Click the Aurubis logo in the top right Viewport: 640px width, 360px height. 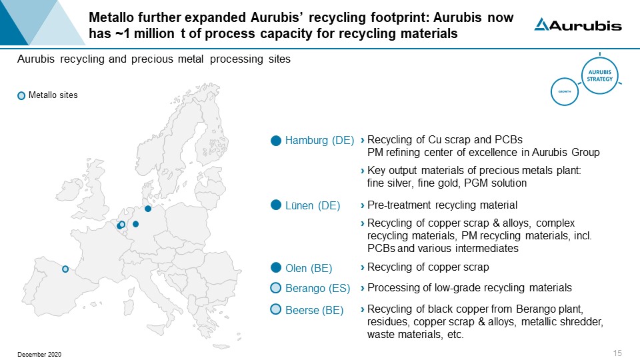coord(578,25)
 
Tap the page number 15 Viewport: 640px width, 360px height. coord(616,353)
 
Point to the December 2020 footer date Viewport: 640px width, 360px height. coord(39,354)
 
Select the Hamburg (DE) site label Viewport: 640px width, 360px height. coord(319,141)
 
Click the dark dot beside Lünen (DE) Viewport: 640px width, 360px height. coord(276,205)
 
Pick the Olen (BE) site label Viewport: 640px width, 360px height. coord(308,268)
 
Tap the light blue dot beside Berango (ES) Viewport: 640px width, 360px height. coord(276,288)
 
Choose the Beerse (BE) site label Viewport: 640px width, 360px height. coord(314,310)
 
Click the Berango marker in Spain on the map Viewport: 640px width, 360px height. coord(65,269)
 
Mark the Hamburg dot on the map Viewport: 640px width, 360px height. coord(148,209)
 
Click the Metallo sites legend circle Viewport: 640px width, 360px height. coord(21,96)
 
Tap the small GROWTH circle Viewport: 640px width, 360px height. coord(564,91)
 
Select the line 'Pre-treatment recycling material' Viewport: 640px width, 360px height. coord(442,205)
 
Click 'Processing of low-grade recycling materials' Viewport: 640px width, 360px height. coord(469,288)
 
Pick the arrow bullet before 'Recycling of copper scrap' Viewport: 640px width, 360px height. coord(362,268)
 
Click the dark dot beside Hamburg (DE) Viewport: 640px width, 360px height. coord(276,141)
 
